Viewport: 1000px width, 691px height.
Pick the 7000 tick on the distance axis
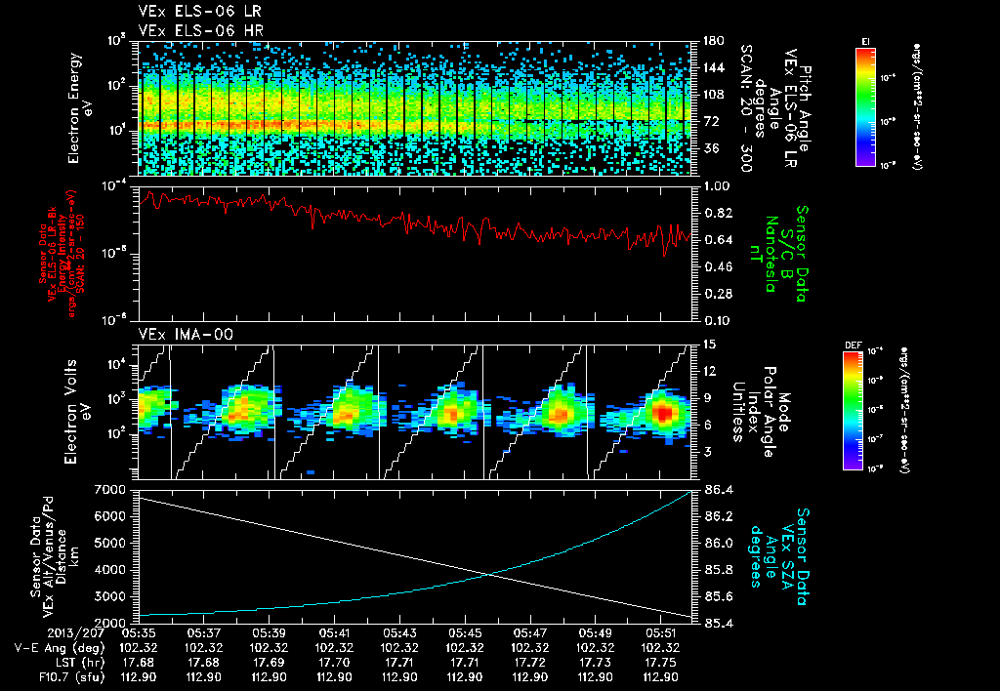click(x=110, y=488)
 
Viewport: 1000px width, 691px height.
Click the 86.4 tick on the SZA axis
click(x=718, y=488)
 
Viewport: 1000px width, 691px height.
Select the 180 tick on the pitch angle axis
click(x=713, y=41)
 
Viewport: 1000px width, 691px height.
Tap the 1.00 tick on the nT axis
click(x=718, y=185)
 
